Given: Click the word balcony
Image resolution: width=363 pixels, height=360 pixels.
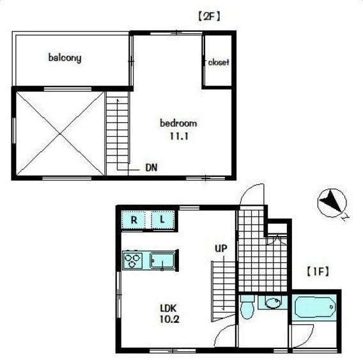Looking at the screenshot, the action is pyautogui.click(x=65, y=58).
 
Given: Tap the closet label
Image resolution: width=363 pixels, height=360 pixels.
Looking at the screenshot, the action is pyautogui.click(x=219, y=62).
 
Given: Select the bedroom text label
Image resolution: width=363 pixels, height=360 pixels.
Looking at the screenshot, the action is pyautogui.click(x=178, y=123).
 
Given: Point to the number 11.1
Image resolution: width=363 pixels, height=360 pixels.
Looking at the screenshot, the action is pyautogui.click(x=179, y=136).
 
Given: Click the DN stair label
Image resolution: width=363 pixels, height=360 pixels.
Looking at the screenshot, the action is pyautogui.click(x=151, y=168).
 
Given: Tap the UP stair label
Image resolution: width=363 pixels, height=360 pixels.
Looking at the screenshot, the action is pyautogui.click(x=221, y=248).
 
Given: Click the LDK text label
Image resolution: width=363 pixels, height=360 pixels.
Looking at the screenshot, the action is pyautogui.click(x=168, y=308).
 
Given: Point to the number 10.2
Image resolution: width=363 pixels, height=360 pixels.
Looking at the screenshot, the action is pyautogui.click(x=169, y=320).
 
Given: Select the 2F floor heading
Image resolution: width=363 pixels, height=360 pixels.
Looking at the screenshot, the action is pyautogui.click(x=209, y=17).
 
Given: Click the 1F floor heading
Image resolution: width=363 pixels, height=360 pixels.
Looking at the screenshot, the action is pyautogui.click(x=318, y=272).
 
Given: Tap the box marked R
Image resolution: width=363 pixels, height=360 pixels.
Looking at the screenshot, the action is pyautogui.click(x=134, y=220).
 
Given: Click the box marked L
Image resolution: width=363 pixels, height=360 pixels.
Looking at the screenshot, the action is pyautogui.click(x=162, y=220).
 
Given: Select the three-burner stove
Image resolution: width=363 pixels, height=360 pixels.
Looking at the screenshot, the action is pyautogui.click(x=132, y=260).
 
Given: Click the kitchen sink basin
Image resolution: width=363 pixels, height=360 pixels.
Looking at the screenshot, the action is pyautogui.click(x=162, y=261).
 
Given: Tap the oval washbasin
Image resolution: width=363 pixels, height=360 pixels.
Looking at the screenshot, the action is pyautogui.click(x=273, y=303).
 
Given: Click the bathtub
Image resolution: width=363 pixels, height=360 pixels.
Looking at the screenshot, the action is pyautogui.click(x=315, y=308).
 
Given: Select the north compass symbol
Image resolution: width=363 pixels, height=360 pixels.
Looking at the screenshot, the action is pyautogui.click(x=332, y=203).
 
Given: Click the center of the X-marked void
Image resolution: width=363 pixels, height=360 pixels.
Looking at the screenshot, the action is pyautogui.click(x=60, y=134).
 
